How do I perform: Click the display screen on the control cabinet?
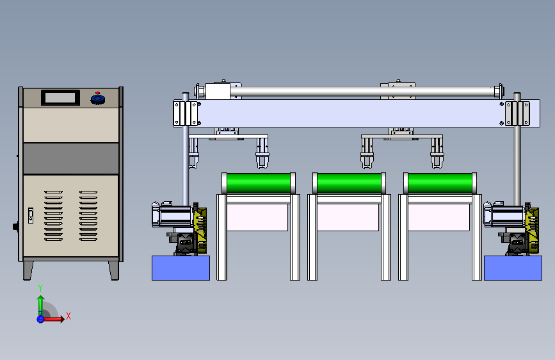coord(60,97)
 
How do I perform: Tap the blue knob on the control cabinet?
coord(98,98)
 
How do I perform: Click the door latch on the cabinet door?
coord(31,215)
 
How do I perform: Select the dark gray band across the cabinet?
coord(71,158)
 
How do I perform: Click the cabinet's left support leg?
coord(28,271)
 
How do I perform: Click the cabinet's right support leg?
coord(113,271)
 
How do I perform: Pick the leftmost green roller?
coord(259,183)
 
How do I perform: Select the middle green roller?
coord(350,183)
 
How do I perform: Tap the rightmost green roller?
coord(440,183)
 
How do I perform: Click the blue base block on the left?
coord(181,268)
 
